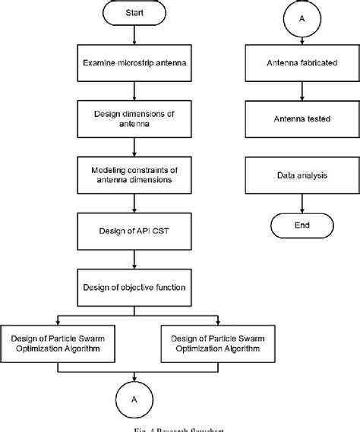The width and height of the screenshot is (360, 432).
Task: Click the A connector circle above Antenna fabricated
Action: (302, 18)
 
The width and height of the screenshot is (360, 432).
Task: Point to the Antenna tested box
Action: (302, 119)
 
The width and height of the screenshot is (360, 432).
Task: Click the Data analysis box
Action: (302, 175)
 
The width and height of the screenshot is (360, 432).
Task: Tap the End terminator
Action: (302, 225)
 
